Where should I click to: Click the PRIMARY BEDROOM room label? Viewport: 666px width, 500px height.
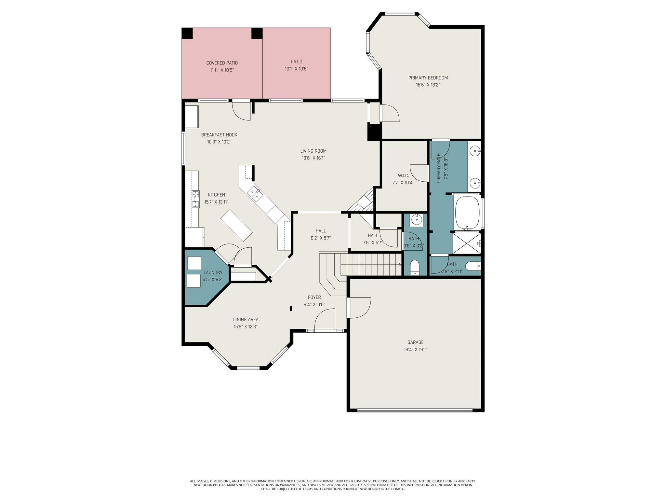428,78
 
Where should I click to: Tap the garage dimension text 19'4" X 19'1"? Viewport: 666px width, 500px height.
415,350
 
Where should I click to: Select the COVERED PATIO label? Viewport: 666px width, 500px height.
222,63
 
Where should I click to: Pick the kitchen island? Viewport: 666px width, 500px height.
236,225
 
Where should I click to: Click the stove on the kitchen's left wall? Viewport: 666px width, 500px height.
195,199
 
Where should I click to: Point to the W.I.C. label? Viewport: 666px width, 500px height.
403,176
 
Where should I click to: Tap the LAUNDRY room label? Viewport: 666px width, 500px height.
213,272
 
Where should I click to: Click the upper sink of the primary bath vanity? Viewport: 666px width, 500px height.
475,151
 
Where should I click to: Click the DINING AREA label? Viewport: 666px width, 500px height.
246,319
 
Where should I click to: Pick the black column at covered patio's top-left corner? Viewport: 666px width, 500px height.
187,33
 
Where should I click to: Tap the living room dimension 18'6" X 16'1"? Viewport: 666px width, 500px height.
313,158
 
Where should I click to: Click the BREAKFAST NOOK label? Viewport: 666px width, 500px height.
219,135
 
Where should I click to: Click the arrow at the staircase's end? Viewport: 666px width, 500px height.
399,265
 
